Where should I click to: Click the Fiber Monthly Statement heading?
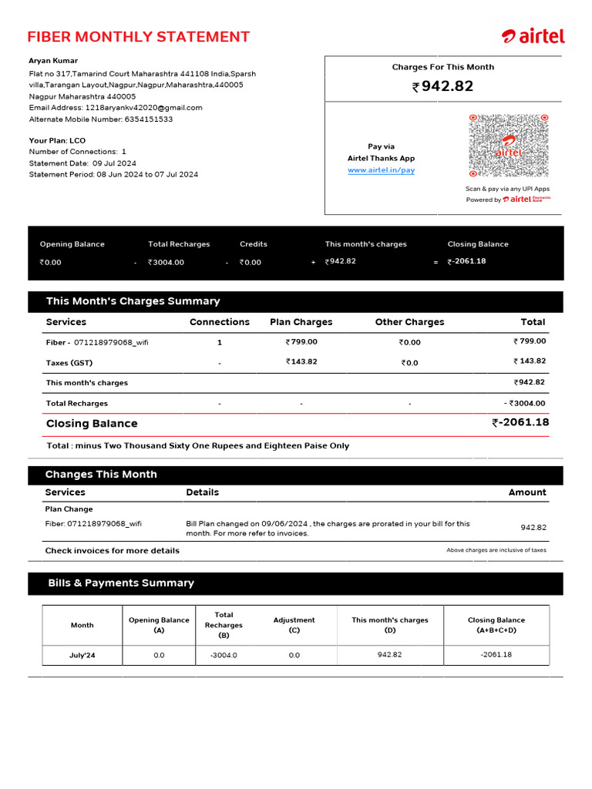point(138,37)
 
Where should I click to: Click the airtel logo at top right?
point(533,36)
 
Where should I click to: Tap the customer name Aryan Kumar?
point(53,61)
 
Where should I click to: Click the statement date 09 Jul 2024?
point(114,163)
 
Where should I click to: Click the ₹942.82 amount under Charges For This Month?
point(442,86)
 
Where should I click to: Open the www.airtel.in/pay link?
point(381,170)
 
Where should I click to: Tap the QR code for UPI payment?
point(509,146)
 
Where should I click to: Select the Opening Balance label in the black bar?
point(72,244)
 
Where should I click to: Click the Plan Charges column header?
point(301,322)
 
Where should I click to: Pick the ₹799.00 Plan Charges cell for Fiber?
point(301,342)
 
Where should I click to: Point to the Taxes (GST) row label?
point(69,363)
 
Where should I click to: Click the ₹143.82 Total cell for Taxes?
point(530,361)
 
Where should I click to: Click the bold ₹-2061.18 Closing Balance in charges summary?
point(520,422)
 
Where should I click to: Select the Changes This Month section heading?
point(101,475)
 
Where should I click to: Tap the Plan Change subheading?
point(69,509)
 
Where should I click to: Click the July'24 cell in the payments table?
point(82,655)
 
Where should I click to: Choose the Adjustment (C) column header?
point(294,625)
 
